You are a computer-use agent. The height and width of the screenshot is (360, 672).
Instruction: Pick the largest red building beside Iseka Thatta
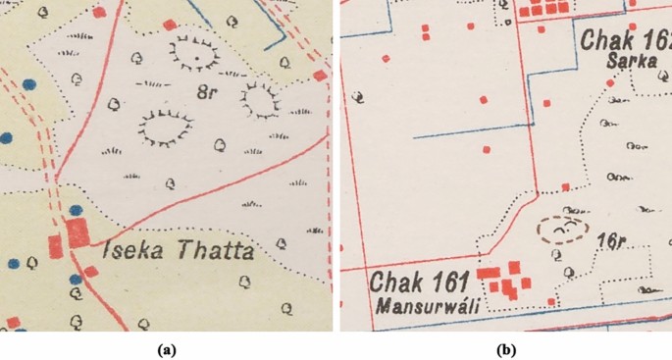coord(77,233)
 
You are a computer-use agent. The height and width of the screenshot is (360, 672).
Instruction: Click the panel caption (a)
coord(167,348)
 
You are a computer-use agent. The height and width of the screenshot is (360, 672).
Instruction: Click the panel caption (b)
coord(506,348)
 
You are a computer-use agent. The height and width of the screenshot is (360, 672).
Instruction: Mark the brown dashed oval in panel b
coord(563,230)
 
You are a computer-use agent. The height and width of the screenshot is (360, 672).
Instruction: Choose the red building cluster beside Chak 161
coord(505,280)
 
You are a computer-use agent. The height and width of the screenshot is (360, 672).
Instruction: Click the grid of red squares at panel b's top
coord(545,9)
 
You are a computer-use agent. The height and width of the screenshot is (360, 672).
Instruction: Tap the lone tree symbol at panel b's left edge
coord(358,96)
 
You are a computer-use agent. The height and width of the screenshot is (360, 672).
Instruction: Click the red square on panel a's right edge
coord(320,76)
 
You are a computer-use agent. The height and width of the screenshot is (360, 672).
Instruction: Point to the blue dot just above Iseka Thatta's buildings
coord(76,209)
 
